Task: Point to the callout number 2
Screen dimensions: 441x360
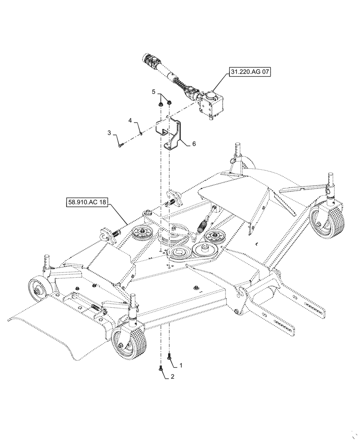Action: coord(172,377)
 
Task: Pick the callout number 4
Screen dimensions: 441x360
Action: coord(130,120)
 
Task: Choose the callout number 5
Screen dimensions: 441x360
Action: coord(154,92)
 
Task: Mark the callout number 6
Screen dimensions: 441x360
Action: coord(194,144)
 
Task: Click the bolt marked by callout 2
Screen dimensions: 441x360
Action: coord(161,369)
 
